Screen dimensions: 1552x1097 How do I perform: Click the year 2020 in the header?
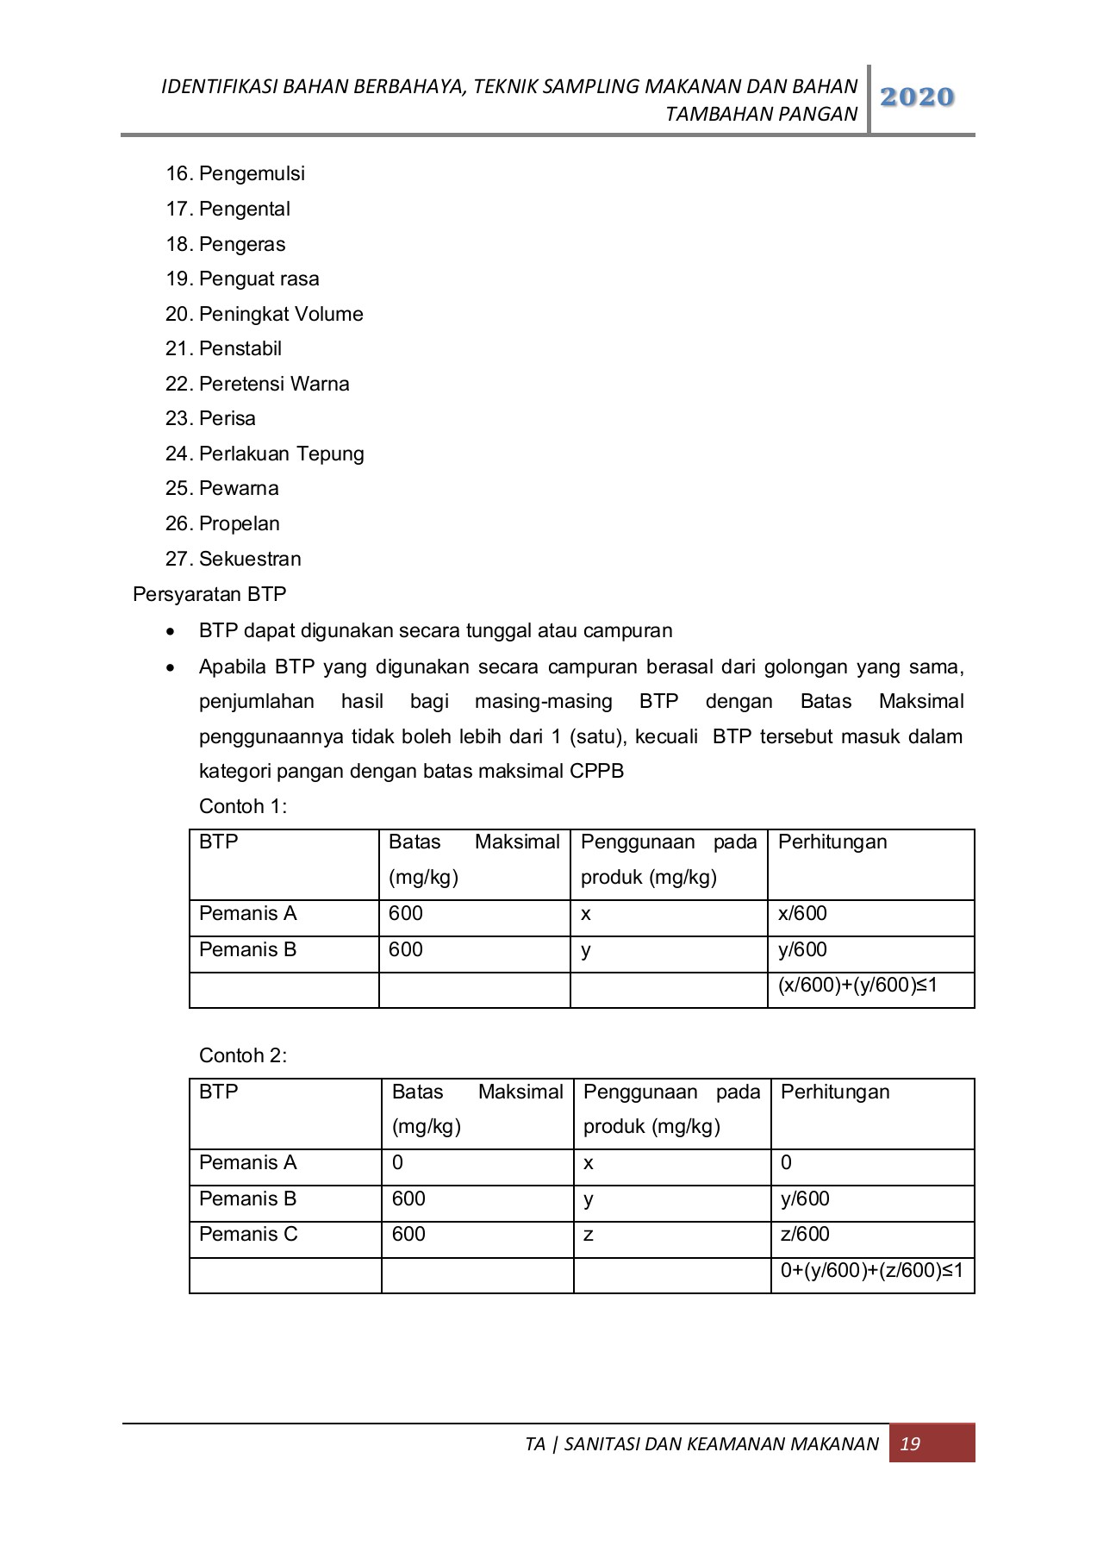click(x=917, y=97)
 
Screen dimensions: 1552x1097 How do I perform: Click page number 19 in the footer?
click(x=910, y=1443)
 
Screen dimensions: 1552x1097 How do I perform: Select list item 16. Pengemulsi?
click(x=235, y=173)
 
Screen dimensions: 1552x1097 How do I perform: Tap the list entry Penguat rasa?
click(x=259, y=278)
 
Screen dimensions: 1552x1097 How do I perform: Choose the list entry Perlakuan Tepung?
click(x=281, y=454)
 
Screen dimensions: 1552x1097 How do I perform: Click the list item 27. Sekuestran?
click(x=234, y=559)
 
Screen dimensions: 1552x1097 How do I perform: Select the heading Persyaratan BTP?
click(x=209, y=594)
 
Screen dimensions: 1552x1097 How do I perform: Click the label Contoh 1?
click(x=242, y=806)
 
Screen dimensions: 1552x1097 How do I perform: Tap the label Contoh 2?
click(x=242, y=1055)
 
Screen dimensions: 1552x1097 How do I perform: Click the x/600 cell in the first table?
click(x=802, y=913)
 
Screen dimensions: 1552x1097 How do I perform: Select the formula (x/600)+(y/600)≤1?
click(x=857, y=985)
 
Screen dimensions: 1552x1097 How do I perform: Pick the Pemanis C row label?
click(x=248, y=1234)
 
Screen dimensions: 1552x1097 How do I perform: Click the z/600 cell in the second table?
click(x=805, y=1234)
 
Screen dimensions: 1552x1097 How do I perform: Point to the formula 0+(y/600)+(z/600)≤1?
click(x=871, y=1270)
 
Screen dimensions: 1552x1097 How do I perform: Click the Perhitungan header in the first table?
click(x=832, y=842)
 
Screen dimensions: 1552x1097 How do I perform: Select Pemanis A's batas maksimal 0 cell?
click(x=397, y=1162)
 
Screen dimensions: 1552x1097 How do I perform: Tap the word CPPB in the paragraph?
click(x=596, y=771)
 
